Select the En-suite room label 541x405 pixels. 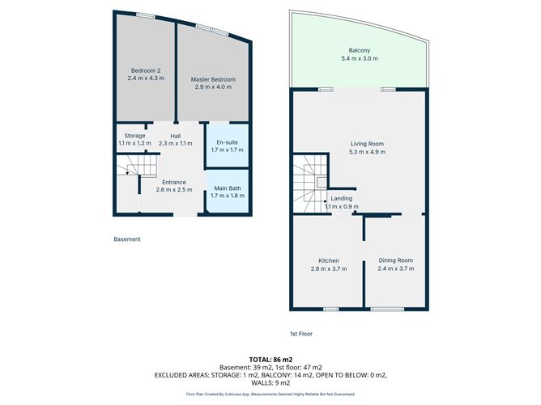click(x=226, y=146)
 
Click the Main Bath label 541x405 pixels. click(x=226, y=192)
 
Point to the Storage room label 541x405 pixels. click(x=134, y=139)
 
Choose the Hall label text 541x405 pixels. click(x=175, y=139)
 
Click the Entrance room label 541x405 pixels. click(x=174, y=186)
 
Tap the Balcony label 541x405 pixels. click(x=356, y=55)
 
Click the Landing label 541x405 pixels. click(x=341, y=202)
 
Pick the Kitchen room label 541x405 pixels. click(x=328, y=264)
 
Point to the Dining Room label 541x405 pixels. click(x=395, y=264)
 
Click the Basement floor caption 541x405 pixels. click(x=126, y=239)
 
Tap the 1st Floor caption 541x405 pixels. click(x=302, y=334)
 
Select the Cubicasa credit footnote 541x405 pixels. click(x=270, y=394)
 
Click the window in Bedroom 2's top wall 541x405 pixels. click(x=146, y=15)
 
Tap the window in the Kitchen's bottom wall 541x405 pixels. click(x=330, y=309)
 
